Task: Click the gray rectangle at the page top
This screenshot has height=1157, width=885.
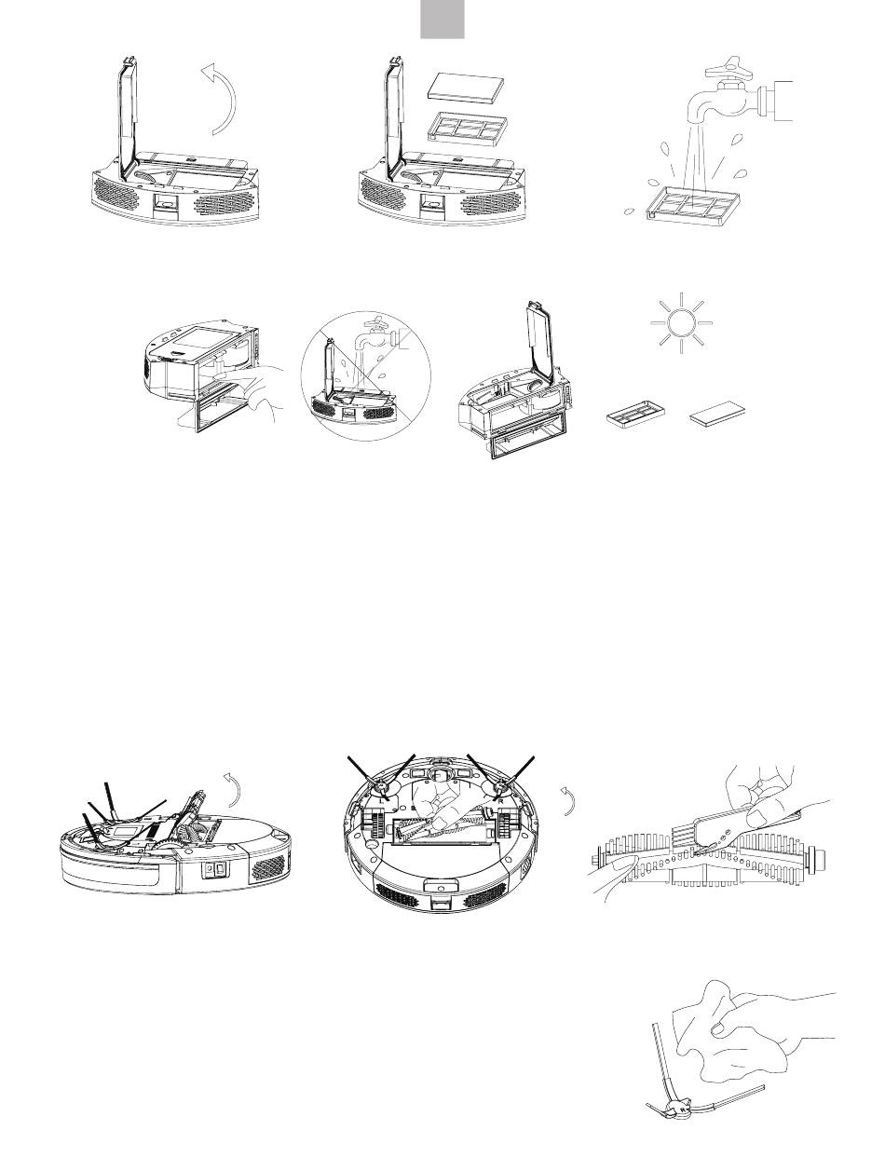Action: click(x=442, y=19)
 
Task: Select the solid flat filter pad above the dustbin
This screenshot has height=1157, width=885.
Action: click(x=465, y=87)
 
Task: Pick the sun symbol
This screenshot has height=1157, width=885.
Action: click(x=681, y=322)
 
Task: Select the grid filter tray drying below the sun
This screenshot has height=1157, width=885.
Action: click(x=634, y=415)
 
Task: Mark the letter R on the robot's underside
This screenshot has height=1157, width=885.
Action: click(x=500, y=801)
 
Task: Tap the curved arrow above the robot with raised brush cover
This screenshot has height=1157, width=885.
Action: click(x=233, y=790)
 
